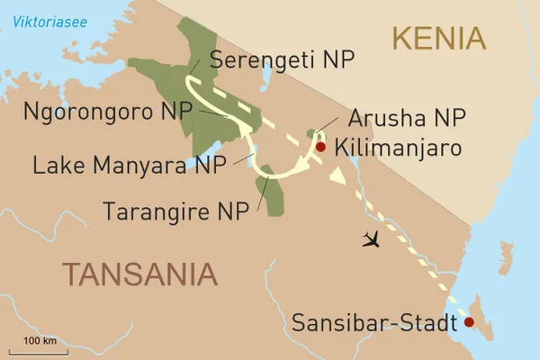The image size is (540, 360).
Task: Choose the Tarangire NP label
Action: pyautogui.click(x=176, y=212)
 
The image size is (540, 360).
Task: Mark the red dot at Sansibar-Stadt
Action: pyautogui.click(x=467, y=321)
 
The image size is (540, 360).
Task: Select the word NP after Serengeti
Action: pyautogui.click(x=337, y=60)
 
